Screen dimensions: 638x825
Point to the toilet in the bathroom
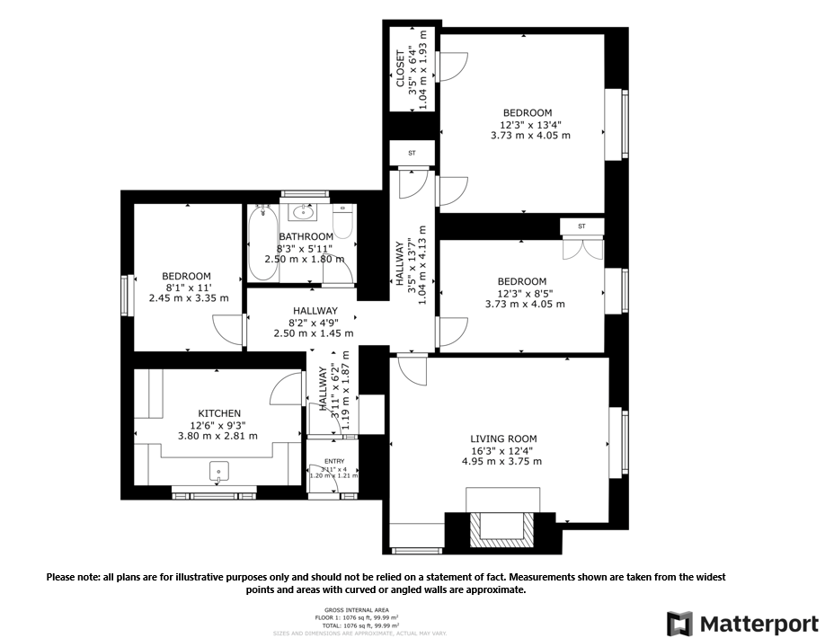[342, 223]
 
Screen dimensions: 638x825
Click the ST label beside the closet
[412, 154]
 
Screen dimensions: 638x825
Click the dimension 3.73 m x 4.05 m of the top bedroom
[530, 136]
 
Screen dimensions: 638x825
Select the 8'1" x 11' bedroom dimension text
[187, 288]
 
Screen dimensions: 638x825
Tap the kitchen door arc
[286, 387]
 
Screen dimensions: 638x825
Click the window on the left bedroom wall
[126, 294]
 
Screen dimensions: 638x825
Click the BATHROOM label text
[306, 236]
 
